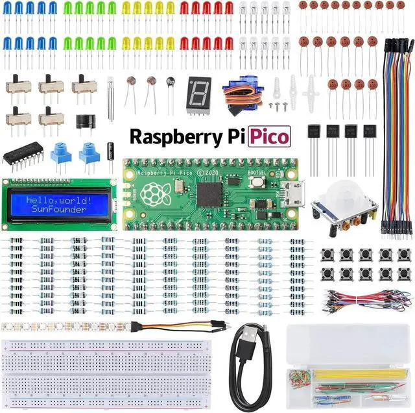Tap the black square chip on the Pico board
click(x=210, y=193)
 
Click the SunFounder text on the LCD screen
click(x=59, y=210)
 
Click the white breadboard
click(x=110, y=370)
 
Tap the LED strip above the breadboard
click(x=65, y=325)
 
